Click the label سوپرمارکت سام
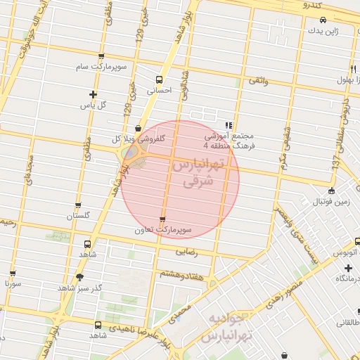(102, 66)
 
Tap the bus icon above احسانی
(159, 79)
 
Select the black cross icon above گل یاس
(92, 94)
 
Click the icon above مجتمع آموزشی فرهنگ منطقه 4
(228, 124)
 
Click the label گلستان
(79, 217)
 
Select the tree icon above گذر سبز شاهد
(79, 276)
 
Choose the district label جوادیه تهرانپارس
(224, 328)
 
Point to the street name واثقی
(257, 81)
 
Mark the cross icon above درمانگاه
(347, 268)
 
